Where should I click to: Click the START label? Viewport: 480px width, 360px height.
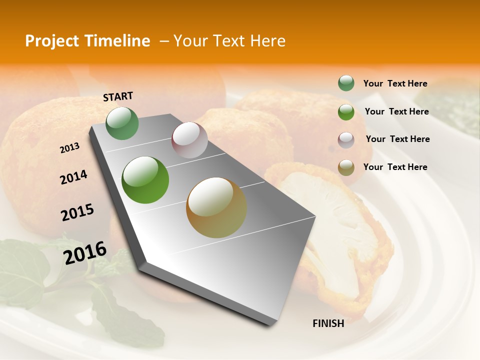[x=118, y=96]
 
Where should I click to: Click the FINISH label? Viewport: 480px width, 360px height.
[x=328, y=323]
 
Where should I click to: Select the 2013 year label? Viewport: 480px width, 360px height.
[x=69, y=148]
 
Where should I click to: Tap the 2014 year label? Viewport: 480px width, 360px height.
[x=73, y=177]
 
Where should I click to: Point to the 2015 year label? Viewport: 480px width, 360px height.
[x=77, y=212]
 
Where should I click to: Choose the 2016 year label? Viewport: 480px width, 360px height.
[x=85, y=252]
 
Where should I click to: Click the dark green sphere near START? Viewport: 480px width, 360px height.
[x=122, y=123]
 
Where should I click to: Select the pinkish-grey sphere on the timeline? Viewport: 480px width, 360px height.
[x=189, y=140]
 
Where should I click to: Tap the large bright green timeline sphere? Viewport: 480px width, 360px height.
[x=145, y=180]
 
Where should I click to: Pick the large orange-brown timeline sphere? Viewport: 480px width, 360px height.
[x=216, y=207]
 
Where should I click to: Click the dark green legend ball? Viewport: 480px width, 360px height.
[x=346, y=83]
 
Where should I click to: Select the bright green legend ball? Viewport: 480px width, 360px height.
[x=346, y=111]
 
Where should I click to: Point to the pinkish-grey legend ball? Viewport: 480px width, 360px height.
[x=346, y=139]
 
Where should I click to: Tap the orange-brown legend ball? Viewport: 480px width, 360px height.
[x=346, y=167]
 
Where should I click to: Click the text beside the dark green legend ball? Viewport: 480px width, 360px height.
[x=395, y=83]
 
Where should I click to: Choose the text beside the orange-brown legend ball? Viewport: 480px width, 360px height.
[x=395, y=167]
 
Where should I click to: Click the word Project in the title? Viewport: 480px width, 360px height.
[x=51, y=41]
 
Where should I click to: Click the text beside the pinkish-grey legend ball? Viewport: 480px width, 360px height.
[x=397, y=139]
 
